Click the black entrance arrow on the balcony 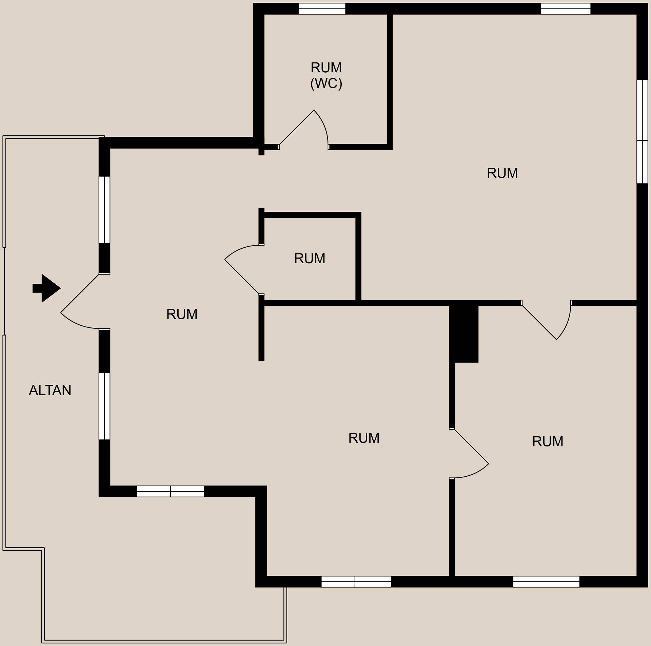46,288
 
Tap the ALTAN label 50,390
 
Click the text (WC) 326,83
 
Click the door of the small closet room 244,269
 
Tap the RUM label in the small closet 310,259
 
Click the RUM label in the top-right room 502,173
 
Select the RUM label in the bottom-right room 548,441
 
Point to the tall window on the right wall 642,132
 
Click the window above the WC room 322,9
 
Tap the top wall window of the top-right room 565,9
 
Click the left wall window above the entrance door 104,210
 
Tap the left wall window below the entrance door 104,406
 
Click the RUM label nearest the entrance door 182,315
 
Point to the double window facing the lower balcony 170,491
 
